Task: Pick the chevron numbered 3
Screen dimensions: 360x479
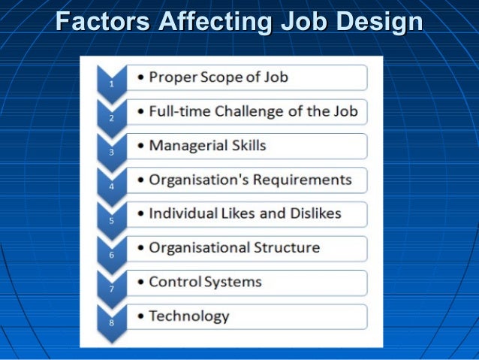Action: [111, 149]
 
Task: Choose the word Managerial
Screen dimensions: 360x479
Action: [186, 145]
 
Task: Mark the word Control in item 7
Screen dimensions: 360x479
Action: [172, 282]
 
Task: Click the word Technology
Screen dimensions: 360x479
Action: [189, 316]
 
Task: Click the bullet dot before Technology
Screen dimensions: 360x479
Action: [142, 316]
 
